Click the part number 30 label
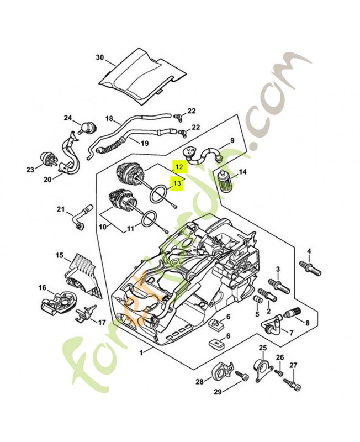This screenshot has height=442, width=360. (99, 57)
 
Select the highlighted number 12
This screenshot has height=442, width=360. (177, 165)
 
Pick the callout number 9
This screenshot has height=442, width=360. (232, 140)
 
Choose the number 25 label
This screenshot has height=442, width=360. (263, 348)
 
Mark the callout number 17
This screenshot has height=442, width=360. (102, 322)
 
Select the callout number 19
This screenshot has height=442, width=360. (145, 143)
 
